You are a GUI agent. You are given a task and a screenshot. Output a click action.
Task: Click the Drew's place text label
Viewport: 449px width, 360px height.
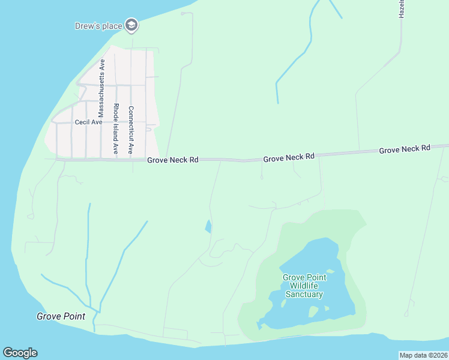tap(98, 26)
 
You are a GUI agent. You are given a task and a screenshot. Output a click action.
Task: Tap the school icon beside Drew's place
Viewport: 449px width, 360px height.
tap(132, 25)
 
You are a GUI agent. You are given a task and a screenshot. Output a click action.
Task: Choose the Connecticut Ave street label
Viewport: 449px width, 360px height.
tap(131, 130)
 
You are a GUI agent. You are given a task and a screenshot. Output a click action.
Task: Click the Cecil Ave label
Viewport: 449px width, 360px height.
tap(89, 122)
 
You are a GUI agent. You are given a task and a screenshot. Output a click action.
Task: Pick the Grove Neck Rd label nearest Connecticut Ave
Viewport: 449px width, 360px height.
tap(173, 160)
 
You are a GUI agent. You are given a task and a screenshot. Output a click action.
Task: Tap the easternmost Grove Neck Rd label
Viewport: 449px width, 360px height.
tap(405, 148)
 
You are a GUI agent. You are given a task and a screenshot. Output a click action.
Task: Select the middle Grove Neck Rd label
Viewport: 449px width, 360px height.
tap(289, 157)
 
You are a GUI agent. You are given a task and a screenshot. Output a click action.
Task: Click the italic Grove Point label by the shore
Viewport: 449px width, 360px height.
tap(61, 316)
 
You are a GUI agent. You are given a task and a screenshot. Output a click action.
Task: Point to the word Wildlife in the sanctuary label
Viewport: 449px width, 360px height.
tap(304, 286)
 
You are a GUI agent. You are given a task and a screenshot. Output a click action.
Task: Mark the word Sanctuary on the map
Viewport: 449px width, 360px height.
tap(304, 294)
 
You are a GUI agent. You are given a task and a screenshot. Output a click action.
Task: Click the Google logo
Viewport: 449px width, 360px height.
tap(20, 353)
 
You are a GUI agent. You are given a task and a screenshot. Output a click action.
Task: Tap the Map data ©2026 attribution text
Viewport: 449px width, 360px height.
tap(423, 355)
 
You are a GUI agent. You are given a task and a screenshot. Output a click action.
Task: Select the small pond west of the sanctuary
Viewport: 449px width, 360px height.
tap(208, 226)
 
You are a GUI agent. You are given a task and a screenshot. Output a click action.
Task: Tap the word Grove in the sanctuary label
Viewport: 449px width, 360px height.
tap(294, 277)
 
